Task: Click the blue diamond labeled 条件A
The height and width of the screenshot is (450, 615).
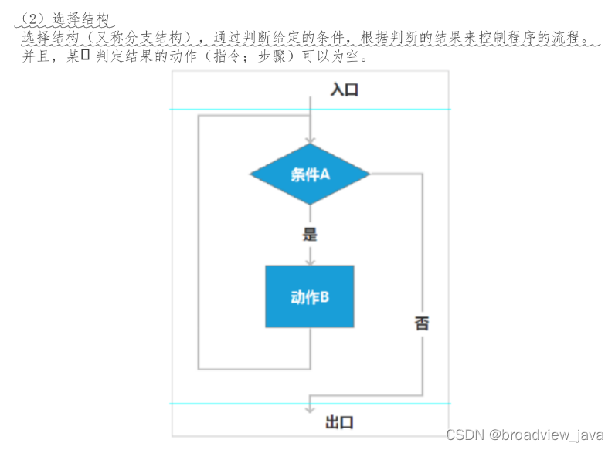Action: pos(310,174)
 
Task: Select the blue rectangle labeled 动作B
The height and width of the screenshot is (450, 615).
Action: pos(310,296)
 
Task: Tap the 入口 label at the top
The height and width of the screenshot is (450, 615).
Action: pos(345,90)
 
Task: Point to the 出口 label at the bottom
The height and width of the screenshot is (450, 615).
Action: pos(340,422)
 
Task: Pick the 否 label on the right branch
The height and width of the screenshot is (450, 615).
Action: pos(421,323)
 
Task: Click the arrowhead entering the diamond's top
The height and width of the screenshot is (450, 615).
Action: pos(310,139)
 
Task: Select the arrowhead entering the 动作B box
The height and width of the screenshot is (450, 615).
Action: pos(310,261)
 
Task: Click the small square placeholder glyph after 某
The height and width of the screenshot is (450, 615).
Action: pos(86,55)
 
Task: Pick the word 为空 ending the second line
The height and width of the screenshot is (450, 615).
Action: pos(349,56)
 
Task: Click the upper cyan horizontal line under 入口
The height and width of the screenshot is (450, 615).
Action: pos(310,110)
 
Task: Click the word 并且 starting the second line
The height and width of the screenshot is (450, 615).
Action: pos(36,56)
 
